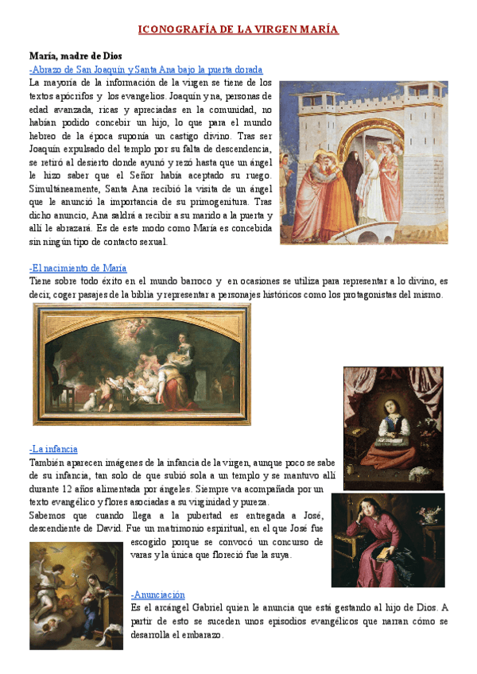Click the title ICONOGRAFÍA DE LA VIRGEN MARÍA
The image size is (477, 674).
238,30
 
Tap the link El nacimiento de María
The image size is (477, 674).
78,268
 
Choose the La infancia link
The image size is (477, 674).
53,449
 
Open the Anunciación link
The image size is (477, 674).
158,595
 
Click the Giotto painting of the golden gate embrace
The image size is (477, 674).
363,162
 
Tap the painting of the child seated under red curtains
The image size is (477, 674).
393,428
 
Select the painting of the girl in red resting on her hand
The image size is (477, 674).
388,540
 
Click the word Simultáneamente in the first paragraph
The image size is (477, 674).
64,188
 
